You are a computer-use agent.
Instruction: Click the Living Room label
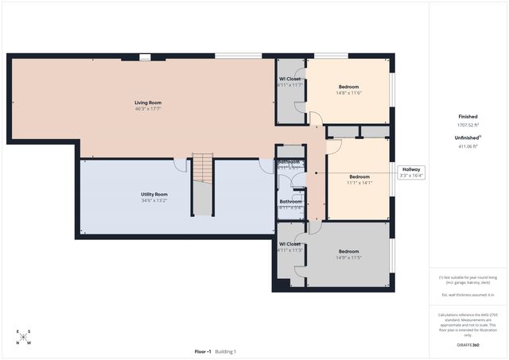pos(150,102)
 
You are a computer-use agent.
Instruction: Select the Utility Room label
pos(150,194)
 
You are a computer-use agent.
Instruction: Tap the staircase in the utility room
pos(204,184)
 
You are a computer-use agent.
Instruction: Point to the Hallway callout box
pos(411,172)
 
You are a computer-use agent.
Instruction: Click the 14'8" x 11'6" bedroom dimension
pos(349,94)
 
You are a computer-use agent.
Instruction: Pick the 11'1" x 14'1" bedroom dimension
pos(359,183)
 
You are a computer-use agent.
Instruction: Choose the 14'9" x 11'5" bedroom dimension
pos(349,257)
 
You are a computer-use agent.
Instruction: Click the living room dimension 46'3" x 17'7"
pos(150,109)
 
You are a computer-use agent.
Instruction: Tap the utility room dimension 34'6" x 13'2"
pos(150,201)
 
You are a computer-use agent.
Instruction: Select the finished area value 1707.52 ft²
pos(468,125)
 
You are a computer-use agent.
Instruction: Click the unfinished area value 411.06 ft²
pos(468,146)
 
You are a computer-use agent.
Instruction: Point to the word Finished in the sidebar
pos(468,116)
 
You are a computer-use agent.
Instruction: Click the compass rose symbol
pos(24,337)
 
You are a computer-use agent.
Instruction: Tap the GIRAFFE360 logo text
pos(468,346)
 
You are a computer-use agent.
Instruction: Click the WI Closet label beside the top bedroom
pos(290,79)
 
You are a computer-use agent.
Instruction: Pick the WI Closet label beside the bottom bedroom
pos(290,244)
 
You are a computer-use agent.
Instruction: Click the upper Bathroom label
pos(289,162)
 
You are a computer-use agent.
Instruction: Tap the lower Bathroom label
pos(290,201)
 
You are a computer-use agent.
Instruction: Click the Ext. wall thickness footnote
pos(468,295)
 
